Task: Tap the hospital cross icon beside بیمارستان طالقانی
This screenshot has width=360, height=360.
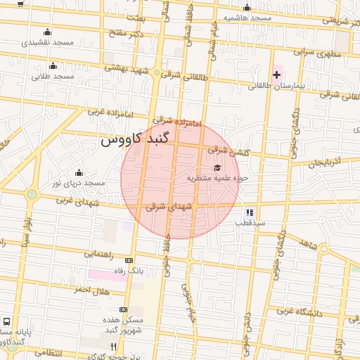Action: click(x=276, y=74)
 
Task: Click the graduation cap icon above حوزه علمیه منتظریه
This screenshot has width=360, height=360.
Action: click(x=217, y=167)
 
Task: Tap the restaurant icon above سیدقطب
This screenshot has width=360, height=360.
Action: click(x=249, y=212)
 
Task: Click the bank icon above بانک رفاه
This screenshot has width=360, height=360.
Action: click(x=127, y=259)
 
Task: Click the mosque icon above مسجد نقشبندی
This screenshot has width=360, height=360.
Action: click(x=47, y=32)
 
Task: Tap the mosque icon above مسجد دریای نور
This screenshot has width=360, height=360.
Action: click(x=78, y=172)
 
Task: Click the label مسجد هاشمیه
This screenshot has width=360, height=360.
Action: click(x=246, y=17)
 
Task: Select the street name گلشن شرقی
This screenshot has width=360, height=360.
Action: click(x=227, y=150)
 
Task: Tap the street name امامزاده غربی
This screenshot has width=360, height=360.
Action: click(x=105, y=112)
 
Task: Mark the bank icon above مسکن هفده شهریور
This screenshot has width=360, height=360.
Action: click(x=123, y=309)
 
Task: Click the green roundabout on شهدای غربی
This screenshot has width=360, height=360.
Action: click(x=32, y=194)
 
